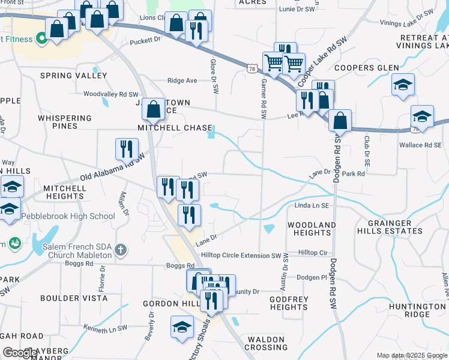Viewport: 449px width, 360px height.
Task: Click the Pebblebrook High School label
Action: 68,216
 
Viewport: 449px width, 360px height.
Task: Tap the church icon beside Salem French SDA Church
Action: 120,250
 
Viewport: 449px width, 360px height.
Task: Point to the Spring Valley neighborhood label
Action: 73,76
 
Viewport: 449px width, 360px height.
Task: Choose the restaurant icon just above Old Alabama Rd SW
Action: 127,149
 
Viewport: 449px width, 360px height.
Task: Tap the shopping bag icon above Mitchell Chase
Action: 154,109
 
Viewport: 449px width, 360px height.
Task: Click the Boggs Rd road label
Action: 181,265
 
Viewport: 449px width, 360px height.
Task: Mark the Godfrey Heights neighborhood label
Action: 289,303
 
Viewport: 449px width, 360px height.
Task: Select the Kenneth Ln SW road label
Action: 106,329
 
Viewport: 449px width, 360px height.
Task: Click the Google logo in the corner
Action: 20,353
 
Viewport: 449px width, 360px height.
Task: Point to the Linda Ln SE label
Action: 312,206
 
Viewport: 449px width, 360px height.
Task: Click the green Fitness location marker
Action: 41,40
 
